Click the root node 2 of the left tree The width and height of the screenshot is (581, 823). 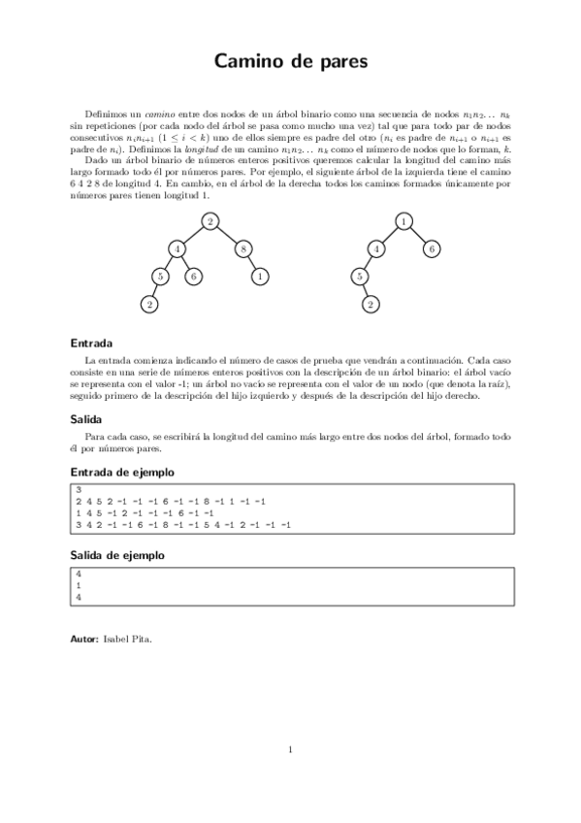210,221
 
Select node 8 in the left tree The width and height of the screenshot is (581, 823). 242,248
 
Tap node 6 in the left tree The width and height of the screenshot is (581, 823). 194,276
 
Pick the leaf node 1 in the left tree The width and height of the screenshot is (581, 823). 261,276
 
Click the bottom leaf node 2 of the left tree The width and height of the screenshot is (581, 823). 149,305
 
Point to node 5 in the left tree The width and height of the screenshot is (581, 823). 162,276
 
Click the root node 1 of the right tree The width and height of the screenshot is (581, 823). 403,221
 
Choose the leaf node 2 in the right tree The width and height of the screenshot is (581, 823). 371,305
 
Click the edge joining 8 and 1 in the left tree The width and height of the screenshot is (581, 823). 252,262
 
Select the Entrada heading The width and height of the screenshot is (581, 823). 92,343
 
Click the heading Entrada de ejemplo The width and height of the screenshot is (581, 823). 122,471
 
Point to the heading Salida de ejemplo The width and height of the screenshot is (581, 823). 117,555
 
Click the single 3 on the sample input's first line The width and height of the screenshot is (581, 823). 78,489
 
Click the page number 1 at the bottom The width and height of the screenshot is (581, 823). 290,748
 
